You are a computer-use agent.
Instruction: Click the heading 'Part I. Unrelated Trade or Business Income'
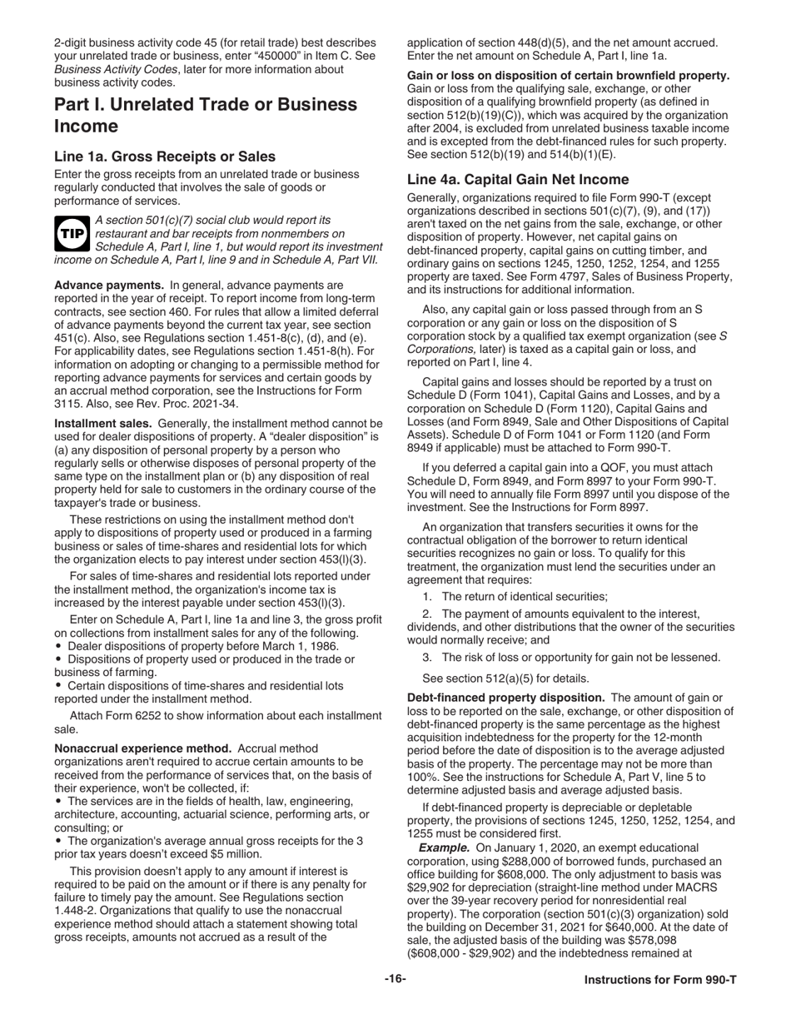coord(206,115)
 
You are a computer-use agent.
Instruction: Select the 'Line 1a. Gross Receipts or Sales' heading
coord(165,157)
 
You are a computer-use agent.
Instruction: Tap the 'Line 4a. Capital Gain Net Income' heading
coord(517,179)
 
